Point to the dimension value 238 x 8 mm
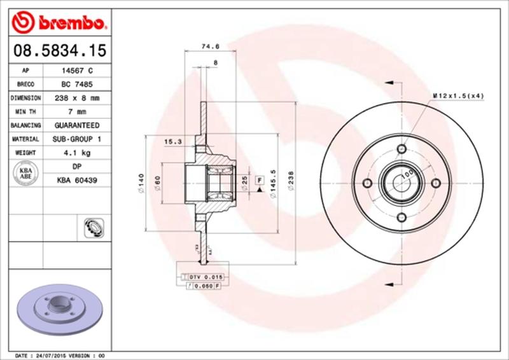click(76, 99)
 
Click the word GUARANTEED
click(76, 126)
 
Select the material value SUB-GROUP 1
click(76, 139)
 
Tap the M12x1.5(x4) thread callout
click(459, 95)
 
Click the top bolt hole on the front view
click(401, 149)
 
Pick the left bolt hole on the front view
click(366, 183)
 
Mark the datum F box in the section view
click(260, 181)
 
